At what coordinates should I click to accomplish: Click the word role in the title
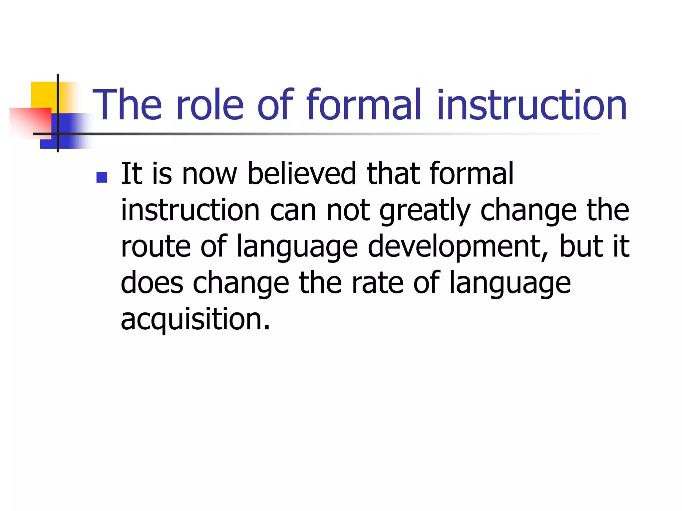coord(210,105)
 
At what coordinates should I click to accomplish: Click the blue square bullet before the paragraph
coord(102,177)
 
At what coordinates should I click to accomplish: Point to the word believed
coord(302,173)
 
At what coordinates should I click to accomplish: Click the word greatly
coord(425,211)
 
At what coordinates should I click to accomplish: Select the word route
coord(156,247)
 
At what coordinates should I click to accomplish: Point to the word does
coord(152,283)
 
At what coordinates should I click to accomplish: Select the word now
coord(209,174)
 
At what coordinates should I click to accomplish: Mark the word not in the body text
coord(348,211)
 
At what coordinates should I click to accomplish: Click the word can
coord(293,211)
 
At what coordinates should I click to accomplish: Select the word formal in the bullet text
coord(472,173)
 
